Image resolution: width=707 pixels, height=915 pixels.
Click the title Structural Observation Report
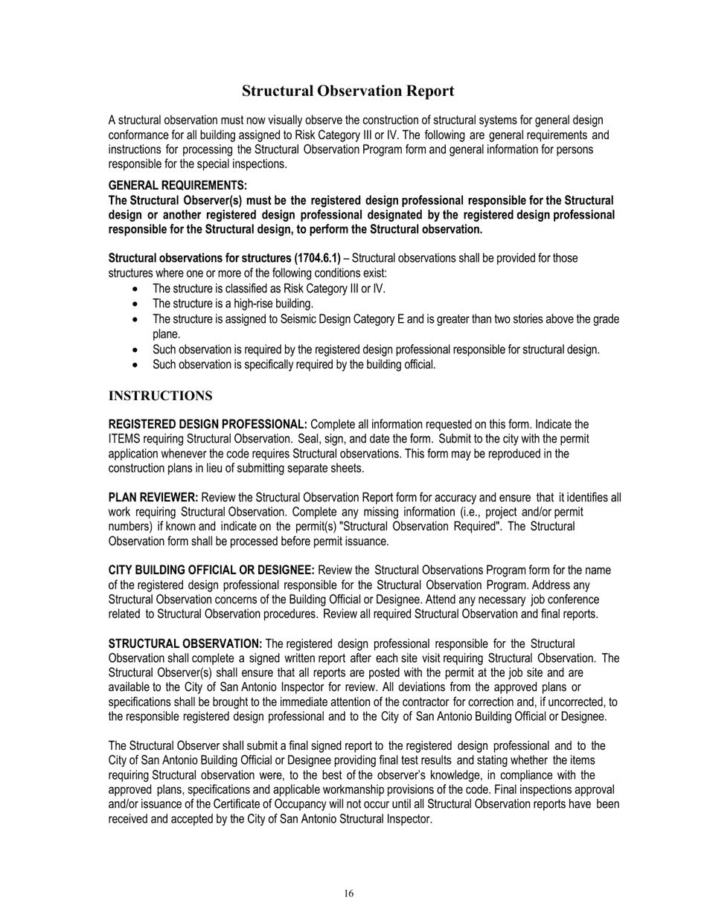348,91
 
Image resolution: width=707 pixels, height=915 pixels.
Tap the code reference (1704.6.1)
313,258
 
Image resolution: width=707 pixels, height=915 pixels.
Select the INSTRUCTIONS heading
160,395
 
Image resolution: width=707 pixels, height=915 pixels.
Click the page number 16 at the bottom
348,893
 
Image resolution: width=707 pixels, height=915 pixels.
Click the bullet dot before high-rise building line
134,304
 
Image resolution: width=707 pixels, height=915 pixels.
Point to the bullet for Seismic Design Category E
134,320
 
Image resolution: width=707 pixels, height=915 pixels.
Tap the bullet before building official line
134,365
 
